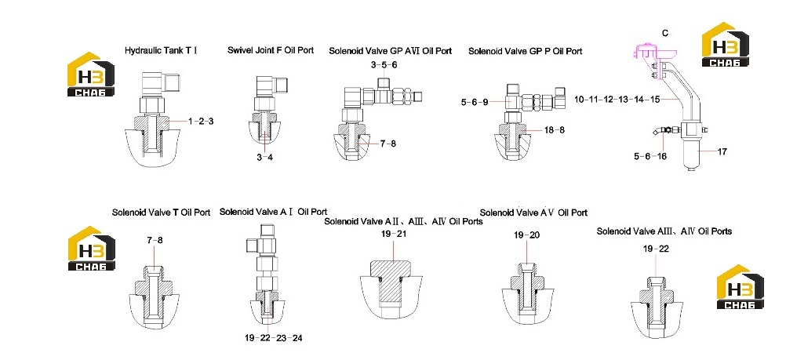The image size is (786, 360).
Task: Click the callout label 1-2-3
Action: [201, 121]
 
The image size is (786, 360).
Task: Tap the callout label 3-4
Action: [264, 158]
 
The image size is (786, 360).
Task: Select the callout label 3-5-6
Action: [384, 64]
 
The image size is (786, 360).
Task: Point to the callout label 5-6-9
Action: [475, 102]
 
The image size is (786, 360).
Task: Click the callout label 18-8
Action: [555, 130]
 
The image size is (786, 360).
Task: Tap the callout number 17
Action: [722, 151]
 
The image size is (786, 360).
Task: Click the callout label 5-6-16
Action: [650, 156]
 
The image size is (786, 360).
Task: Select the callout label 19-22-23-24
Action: [274, 338]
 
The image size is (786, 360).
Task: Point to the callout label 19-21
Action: [394, 234]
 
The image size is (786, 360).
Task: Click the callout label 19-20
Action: [527, 235]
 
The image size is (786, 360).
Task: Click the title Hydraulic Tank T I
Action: [161, 50]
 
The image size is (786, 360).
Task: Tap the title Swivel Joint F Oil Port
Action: [271, 50]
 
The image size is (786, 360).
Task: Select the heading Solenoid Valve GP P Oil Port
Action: [526, 51]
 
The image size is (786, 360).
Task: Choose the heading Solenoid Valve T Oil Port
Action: [161, 213]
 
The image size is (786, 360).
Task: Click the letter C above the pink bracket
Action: [665, 33]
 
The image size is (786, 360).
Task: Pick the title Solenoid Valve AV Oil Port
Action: [533, 213]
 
